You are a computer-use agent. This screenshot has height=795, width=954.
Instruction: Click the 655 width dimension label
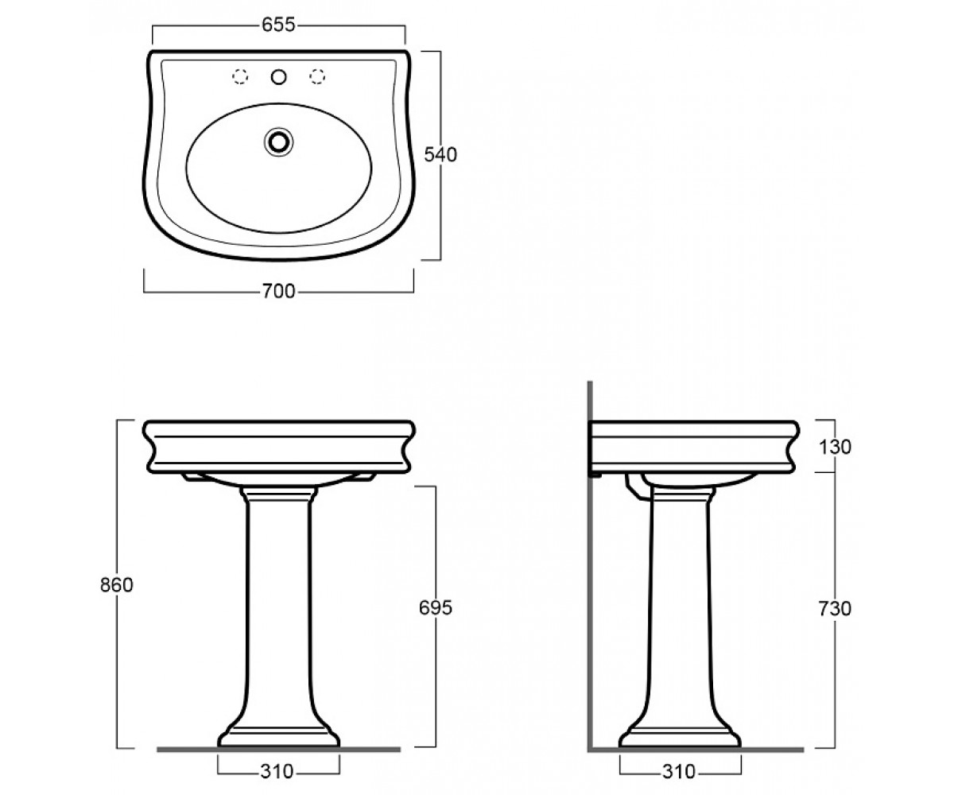(279, 25)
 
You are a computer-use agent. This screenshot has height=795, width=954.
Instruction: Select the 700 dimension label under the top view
(279, 291)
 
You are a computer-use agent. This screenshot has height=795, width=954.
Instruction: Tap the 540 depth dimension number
(440, 155)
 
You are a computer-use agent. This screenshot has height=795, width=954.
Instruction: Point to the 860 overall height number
(117, 585)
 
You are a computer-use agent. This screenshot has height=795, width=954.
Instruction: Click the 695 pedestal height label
(436, 607)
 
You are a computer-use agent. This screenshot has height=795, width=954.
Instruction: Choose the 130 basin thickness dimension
(835, 447)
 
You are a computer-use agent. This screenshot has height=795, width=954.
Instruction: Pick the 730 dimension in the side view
(835, 609)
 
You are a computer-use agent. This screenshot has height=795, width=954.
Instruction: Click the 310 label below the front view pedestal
(277, 772)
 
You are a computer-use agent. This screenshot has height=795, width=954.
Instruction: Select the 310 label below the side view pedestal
(678, 772)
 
